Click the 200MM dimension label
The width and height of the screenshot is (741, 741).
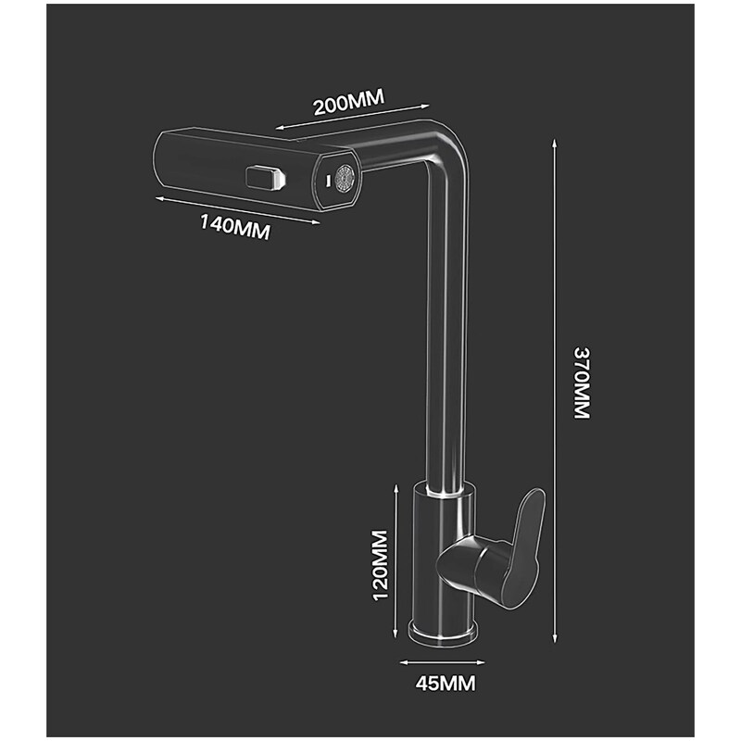348,103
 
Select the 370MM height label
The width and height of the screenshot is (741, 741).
581,383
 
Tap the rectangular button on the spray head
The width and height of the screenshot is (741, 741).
264,176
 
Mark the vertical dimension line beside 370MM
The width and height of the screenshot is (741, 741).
554,389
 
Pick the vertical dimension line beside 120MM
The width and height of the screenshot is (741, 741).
397,565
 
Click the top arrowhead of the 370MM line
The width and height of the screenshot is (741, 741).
554,141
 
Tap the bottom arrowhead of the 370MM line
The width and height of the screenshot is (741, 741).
554,640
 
